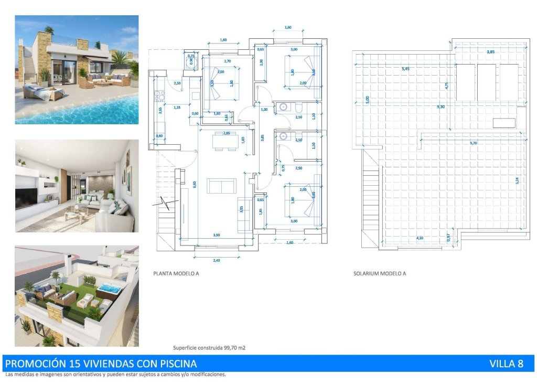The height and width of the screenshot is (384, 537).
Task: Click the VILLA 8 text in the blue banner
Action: tap(506, 364)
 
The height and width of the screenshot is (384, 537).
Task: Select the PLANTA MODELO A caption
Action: tap(176, 273)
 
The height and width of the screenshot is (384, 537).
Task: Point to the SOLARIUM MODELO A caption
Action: tap(380, 273)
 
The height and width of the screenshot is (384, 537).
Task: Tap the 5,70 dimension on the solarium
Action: tap(474, 143)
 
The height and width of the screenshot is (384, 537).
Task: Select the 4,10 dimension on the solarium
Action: tap(420, 238)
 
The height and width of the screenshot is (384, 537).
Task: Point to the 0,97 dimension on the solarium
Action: tap(448, 238)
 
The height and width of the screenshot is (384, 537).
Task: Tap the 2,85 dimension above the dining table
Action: tap(227, 133)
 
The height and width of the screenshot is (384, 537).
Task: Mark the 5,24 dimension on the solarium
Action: tap(517, 179)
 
